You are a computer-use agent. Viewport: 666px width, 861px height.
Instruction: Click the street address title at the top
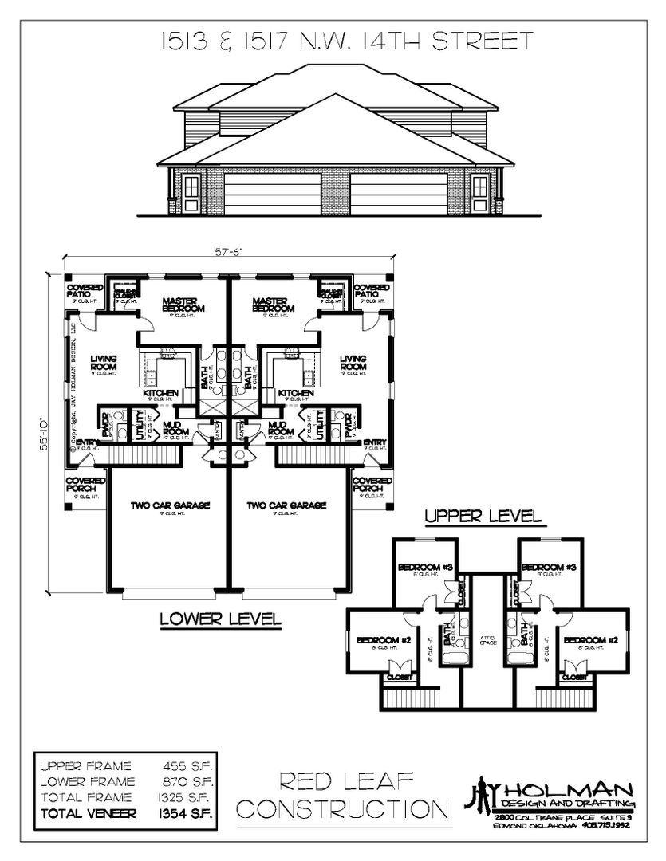[333, 42]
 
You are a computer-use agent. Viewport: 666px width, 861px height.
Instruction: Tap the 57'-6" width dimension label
[227, 252]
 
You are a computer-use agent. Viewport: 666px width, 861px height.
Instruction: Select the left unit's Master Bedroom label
[183, 305]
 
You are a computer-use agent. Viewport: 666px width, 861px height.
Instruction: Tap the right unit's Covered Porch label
[372, 486]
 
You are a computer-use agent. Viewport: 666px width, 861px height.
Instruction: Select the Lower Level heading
[219, 618]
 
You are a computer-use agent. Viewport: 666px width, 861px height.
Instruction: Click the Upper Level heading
[483, 516]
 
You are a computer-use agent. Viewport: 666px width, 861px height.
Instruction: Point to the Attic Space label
[488, 640]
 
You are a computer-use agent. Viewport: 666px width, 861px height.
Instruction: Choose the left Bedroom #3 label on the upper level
[425, 567]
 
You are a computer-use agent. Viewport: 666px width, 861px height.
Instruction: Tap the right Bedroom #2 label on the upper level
[587, 639]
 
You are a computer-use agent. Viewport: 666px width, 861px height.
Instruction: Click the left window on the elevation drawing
[191, 190]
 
